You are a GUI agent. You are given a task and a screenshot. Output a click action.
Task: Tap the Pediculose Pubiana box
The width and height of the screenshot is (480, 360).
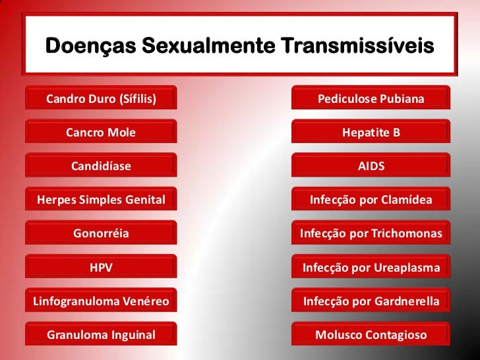(371, 99)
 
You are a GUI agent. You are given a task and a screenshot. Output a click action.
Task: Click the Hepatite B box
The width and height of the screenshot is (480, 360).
(371, 133)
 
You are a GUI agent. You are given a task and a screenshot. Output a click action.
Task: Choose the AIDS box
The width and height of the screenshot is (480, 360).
(371, 166)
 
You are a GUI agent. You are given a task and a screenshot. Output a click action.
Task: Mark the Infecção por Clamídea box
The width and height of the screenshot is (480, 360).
(371, 200)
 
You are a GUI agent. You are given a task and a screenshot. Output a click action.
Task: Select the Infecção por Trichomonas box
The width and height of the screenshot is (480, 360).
(371, 233)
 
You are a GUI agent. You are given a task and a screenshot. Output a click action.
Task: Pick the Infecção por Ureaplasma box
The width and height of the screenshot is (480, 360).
(371, 268)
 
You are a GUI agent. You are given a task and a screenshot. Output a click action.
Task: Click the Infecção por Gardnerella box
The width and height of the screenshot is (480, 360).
(371, 301)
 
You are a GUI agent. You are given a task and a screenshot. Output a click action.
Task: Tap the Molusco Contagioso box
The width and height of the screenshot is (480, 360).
(371, 335)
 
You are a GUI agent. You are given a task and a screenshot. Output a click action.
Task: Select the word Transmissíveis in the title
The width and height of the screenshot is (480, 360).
(357, 47)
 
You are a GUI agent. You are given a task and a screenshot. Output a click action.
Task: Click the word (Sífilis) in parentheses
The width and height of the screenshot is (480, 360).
(136, 100)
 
